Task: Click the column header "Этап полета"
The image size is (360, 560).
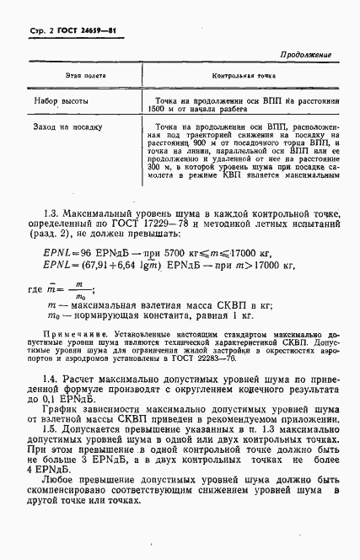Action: click(82, 76)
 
